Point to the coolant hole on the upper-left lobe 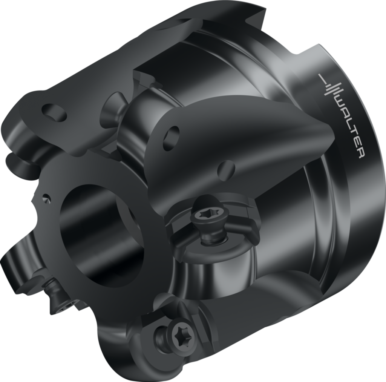coord(54,112)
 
